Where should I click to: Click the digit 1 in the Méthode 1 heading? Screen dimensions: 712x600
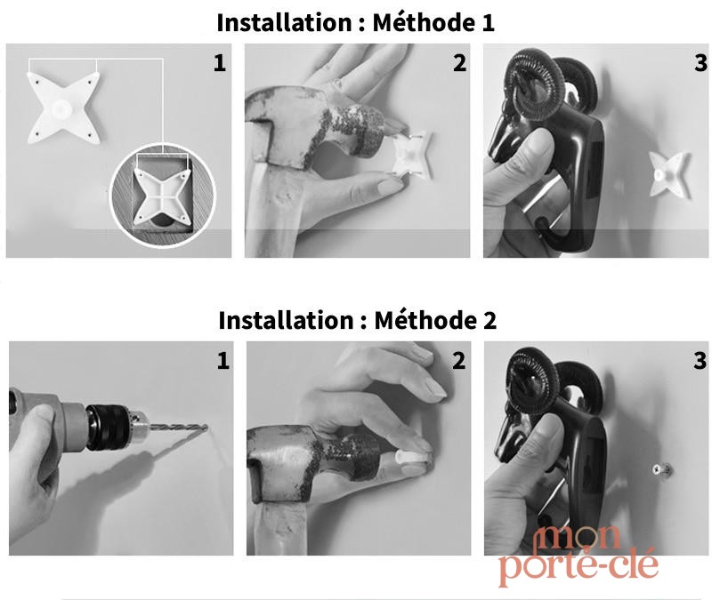pos(489,23)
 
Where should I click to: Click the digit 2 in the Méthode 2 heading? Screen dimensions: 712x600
pos(489,320)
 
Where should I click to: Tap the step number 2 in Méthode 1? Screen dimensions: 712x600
pos(459,63)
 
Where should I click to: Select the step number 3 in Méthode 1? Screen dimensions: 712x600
pos(700,63)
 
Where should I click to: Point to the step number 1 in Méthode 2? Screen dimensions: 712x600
pos(223,361)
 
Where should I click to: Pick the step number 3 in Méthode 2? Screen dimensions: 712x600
pos(700,361)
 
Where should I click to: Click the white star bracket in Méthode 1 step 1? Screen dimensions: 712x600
pos(63,108)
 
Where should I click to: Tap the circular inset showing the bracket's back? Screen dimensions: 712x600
pos(164,195)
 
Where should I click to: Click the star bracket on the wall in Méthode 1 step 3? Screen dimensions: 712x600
pos(667,174)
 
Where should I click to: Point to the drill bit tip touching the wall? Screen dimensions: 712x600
pos(206,427)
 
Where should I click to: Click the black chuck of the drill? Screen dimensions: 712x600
pos(109,428)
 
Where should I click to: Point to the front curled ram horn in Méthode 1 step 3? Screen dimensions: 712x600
pos(536,86)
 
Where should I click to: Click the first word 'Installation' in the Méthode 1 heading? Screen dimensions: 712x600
pos(284,23)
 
